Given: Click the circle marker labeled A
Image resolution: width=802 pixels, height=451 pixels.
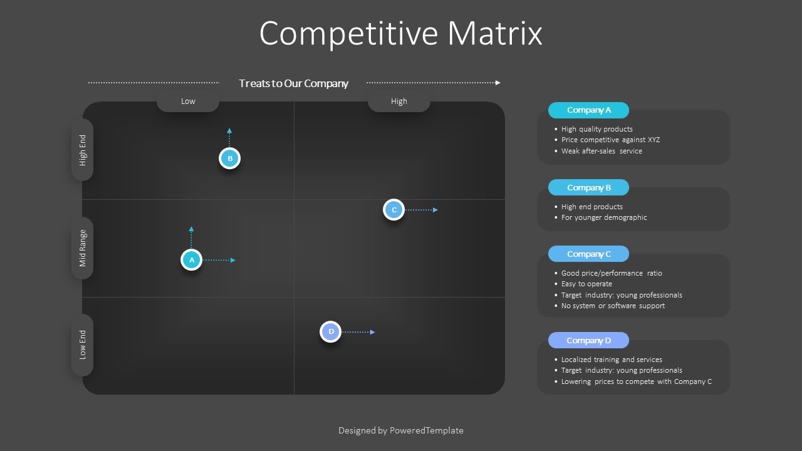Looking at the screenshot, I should click(191, 259).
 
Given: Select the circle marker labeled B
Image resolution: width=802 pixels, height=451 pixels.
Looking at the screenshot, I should click(230, 158).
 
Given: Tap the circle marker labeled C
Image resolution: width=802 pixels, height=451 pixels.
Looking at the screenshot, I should click(393, 210).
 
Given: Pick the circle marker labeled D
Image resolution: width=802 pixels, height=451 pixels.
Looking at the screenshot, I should click(330, 331).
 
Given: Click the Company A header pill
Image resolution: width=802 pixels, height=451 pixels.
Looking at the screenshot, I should click(588, 110).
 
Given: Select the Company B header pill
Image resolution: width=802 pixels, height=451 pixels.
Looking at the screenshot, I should click(588, 187).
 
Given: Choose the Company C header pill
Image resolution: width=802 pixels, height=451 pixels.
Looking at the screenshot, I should click(588, 254).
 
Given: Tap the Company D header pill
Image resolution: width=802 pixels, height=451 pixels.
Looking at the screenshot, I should click(588, 340).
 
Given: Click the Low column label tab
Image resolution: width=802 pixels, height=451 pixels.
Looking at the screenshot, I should click(188, 101).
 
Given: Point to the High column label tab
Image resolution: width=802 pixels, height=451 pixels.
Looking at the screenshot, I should click(399, 101).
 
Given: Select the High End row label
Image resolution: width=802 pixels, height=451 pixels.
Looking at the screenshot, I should click(83, 150).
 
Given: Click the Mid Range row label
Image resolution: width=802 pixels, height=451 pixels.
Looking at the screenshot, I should click(83, 248).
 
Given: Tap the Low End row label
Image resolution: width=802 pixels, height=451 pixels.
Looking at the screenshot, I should click(83, 345).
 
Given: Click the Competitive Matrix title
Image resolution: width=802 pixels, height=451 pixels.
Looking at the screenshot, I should click(400, 33).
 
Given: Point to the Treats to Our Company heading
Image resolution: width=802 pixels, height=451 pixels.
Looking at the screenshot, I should click(293, 83).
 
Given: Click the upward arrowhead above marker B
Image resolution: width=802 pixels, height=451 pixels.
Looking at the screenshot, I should click(229, 131).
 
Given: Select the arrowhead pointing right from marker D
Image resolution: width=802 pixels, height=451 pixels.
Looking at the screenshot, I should click(373, 332).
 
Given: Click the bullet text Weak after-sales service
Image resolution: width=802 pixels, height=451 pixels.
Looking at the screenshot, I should click(601, 151).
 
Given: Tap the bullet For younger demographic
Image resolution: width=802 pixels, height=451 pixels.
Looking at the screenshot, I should click(604, 217).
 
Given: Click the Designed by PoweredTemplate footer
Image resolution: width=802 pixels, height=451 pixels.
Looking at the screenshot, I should click(400, 430).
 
